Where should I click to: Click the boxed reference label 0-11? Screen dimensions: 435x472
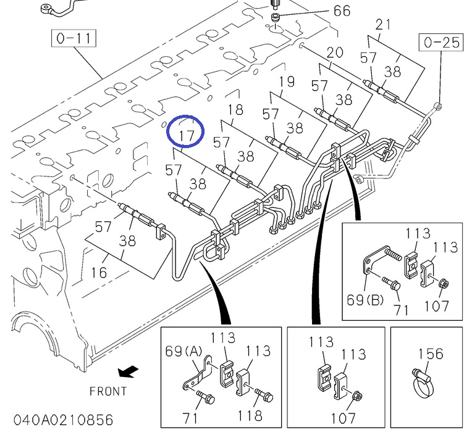coord(73,39)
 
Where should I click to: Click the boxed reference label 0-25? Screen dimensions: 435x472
coord(442,43)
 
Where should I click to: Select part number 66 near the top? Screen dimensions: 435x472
coord(342,10)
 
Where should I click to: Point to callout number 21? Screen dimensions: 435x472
coord(384,25)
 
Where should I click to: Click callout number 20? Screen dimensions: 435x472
coord(334,52)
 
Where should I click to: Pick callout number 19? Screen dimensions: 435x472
coord(286,81)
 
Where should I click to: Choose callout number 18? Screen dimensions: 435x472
coord(235,110)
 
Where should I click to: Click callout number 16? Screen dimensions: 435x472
coord(99,272)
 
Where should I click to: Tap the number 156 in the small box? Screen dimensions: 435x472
coord(431,354)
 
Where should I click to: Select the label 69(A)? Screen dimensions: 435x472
coord(184,351)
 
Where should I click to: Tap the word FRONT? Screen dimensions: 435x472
coord(108,391)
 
